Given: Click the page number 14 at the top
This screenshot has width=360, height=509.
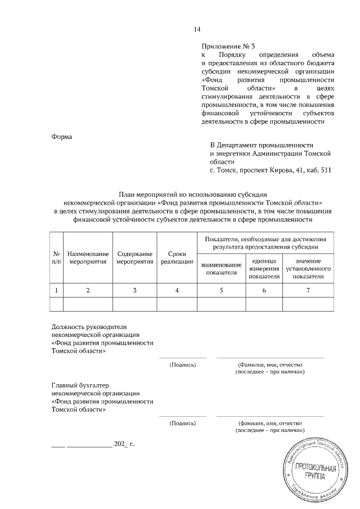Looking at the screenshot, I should (197, 29).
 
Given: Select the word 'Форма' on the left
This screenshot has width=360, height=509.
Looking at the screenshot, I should (61, 136).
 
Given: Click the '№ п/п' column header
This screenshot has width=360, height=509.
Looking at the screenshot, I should (57, 258).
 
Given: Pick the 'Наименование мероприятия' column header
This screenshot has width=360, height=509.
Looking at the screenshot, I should (88, 258).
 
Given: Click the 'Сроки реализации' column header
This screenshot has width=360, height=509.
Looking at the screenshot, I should (177, 258).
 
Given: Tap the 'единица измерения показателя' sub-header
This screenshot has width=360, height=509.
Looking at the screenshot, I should (264, 269).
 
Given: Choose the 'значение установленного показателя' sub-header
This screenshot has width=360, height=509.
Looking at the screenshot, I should (307, 269).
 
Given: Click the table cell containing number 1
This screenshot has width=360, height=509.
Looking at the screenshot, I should (57, 290).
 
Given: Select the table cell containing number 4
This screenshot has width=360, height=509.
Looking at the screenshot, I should (177, 290).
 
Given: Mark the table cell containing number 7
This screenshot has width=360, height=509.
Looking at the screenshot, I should (307, 290).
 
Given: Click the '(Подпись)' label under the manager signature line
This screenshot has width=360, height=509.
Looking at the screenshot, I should (182, 364).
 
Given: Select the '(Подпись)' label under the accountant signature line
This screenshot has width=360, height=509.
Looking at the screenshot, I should (182, 422).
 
